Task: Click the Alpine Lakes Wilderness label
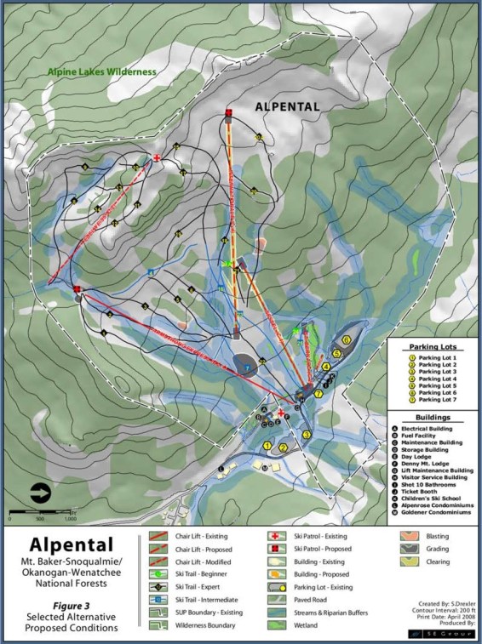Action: click(102, 72)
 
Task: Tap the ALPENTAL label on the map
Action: click(288, 107)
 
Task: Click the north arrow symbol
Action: click(41, 492)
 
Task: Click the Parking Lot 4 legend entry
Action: click(437, 379)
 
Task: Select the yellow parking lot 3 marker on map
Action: click(306, 436)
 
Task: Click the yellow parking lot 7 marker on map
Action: click(318, 394)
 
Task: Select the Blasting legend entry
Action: click(432, 537)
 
